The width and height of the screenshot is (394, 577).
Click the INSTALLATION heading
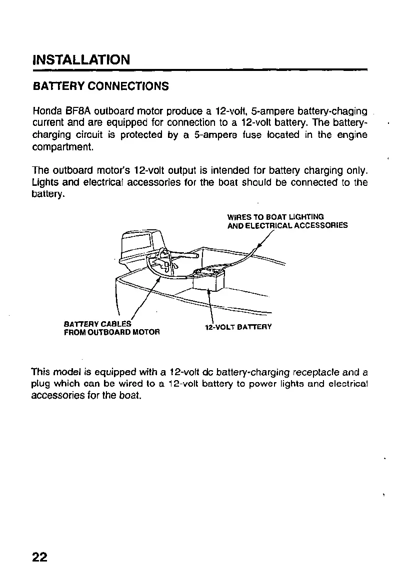pyautogui.click(x=81, y=60)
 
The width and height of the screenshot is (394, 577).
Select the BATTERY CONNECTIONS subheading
pyautogui.click(x=100, y=86)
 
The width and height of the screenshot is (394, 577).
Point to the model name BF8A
pyautogui.click(x=78, y=110)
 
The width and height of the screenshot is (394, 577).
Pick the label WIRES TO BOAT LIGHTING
pyautogui.click(x=275, y=217)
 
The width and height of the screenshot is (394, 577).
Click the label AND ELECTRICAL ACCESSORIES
pyautogui.click(x=287, y=225)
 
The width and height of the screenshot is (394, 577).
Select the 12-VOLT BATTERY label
pyautogui.click(x=238, y=327)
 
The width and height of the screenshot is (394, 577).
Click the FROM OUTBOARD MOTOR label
pyautogui.click(x=111, y=332)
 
